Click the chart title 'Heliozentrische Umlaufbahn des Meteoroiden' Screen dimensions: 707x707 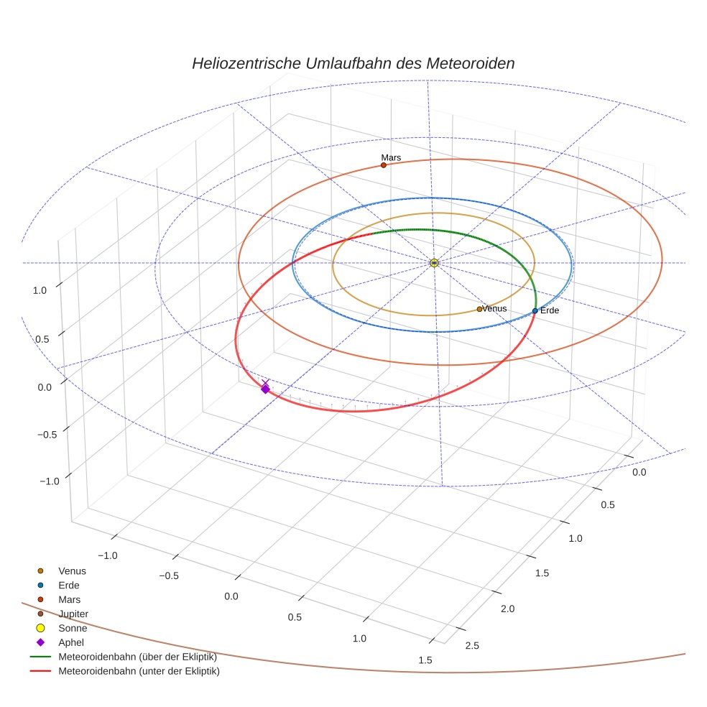tap(353, 63)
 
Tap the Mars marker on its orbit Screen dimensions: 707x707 tap(383, 165)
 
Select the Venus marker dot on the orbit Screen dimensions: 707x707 tap(479, 309)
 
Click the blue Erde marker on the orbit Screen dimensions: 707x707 tap(535, 310)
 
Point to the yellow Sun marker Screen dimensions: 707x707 tap(434, 263)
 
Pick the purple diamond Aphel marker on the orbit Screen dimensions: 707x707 tap(265, 389)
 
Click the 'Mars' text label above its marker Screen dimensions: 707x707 tap(391, 157)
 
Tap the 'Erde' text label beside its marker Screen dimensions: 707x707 tap(550, 310)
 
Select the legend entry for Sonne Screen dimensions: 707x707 tap(73, 628)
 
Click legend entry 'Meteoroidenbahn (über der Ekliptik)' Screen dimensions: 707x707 tap(137, 657)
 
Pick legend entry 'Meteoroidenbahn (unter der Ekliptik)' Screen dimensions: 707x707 tap(139, 672)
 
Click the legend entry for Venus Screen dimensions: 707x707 tap(72, 570)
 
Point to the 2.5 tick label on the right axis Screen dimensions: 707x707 tap(472, 645)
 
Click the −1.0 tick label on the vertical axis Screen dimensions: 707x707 tap(49, 481)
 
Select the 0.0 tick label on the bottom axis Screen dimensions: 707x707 tap(231, 596)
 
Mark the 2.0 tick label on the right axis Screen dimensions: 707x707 tap(507, 609)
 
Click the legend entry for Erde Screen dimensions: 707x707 tap(69, 585)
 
